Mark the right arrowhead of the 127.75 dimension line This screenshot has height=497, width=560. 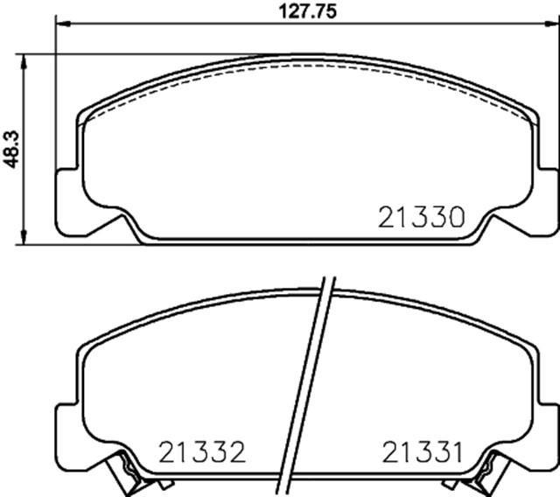pos(553,24)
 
